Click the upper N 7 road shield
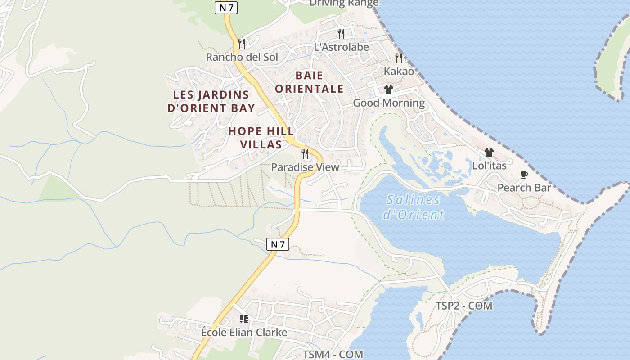(226, 7)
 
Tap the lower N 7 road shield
(278, 244)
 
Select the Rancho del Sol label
(242, 57)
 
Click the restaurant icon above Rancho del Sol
(242, 44)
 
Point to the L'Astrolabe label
(341, 47)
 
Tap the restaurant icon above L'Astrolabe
(341, 33)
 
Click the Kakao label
(399, 71)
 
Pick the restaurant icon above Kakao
(399, 58)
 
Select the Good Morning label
(389, 103)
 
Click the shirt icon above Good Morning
(389, 90)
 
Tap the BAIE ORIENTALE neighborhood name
(309, 82)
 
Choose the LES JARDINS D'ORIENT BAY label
(211, 101)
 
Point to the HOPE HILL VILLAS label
(261, 138)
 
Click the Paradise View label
(305, 167)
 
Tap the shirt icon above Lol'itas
(489, 153)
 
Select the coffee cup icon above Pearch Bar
(524, 175)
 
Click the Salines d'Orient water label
(414, 207)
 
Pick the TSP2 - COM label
(464, 306)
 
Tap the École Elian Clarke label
(244, 333)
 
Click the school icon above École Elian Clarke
(244, 319)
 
